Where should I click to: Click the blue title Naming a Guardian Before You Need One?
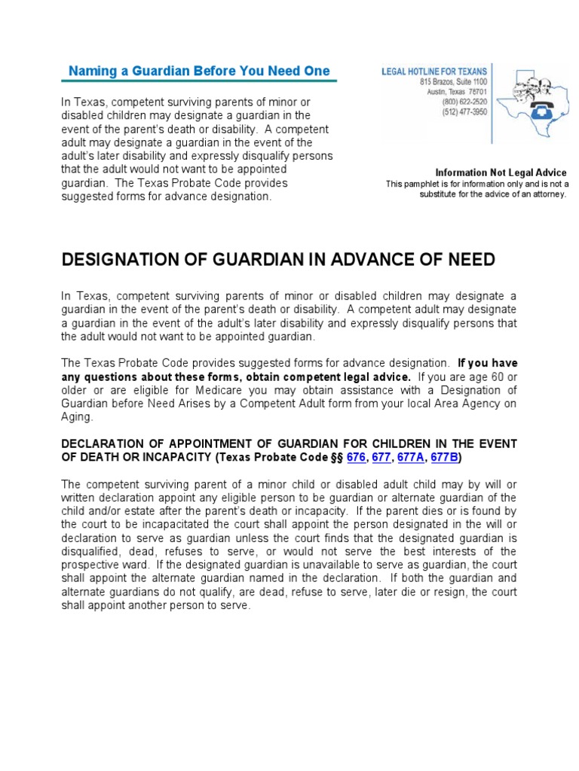199,72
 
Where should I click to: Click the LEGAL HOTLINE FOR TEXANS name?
433,71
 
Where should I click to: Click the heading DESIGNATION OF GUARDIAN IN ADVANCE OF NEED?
278,261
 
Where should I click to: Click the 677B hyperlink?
444,457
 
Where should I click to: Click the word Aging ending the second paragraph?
76,416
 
